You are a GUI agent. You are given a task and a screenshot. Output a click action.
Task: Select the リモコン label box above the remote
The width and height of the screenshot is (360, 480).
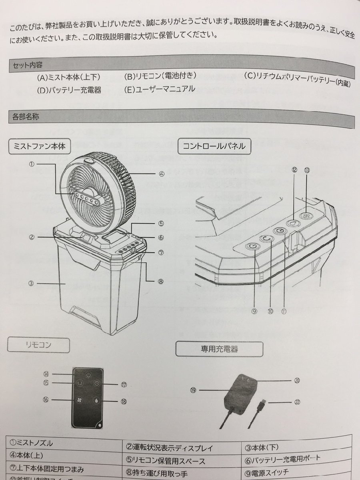[x=38, y=345]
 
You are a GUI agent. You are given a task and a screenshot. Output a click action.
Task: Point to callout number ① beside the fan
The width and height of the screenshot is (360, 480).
[x=32, y=164]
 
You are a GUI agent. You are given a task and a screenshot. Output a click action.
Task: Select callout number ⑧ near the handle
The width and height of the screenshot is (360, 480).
[x=161, y=281]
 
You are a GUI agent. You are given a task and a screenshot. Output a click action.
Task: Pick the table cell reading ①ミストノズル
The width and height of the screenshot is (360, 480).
[x=32, y=443]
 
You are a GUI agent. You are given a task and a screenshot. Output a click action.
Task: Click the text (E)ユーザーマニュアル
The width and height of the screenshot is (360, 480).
[x=160, y=89]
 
